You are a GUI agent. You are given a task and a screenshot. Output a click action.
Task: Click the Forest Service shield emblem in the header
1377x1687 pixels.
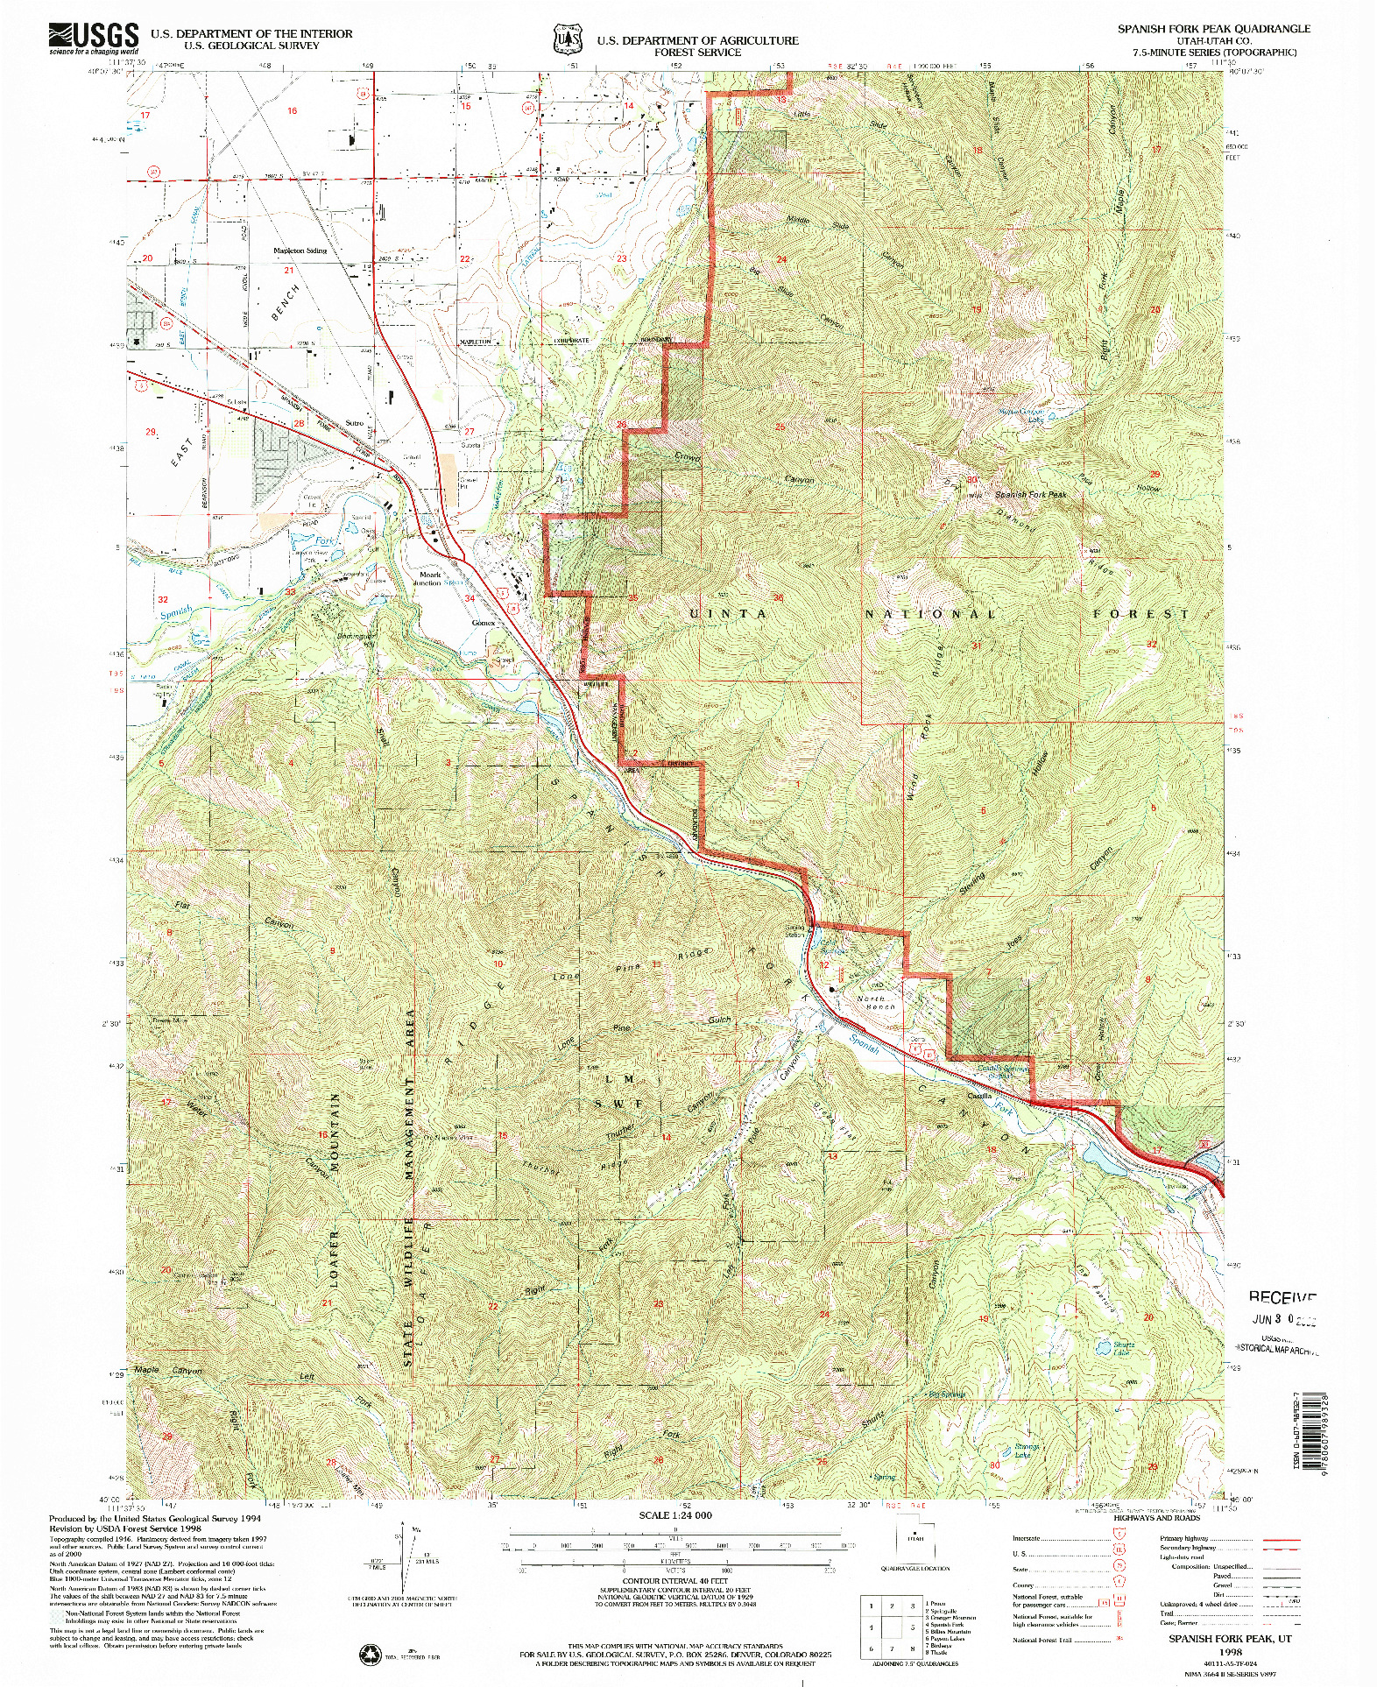click(568, 39)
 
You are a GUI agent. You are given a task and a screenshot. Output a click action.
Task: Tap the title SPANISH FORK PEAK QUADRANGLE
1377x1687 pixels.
click(1213, 28)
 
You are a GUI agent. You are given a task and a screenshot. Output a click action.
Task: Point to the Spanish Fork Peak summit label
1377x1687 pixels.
click(1030, 495)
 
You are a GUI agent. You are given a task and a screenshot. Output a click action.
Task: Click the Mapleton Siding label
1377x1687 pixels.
click(300, 251)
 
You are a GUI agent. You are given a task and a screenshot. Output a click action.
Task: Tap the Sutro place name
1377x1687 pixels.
click(354, 423)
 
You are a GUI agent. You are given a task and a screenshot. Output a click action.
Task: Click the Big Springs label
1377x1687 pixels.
click(949, 1394)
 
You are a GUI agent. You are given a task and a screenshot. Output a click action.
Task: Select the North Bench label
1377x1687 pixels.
click(876, 1003)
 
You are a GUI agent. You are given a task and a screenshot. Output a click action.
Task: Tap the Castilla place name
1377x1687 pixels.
click(979, 1096)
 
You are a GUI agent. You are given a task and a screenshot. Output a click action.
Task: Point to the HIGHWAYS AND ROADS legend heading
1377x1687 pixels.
click(1156, 1518)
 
